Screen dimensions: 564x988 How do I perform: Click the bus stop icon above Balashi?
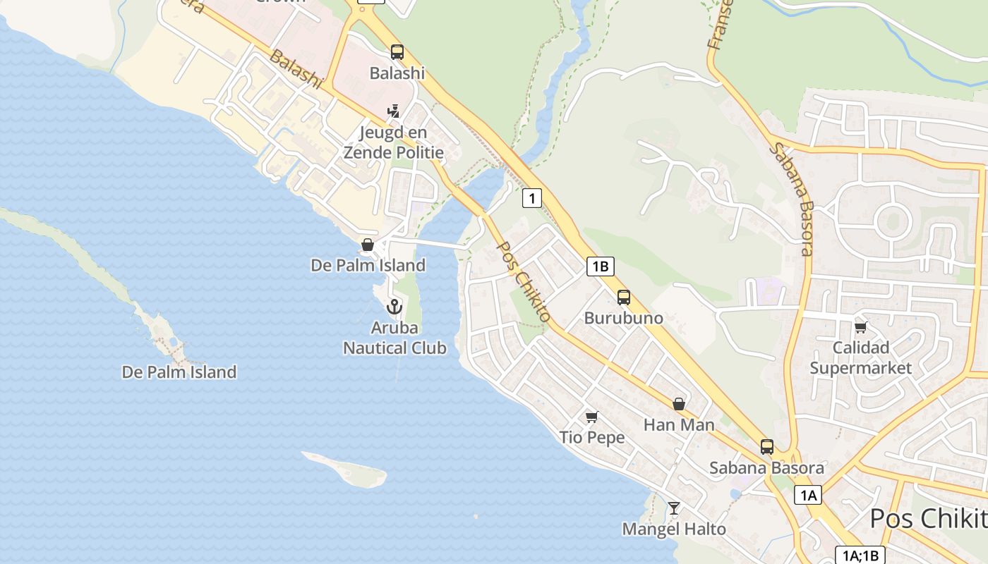397,51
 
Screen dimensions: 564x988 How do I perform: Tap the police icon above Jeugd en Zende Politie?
393,111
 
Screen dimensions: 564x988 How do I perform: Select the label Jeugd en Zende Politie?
393,142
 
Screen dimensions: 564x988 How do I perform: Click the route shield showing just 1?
532,198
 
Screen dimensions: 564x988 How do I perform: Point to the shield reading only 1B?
600,266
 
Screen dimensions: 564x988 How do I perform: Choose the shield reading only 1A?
808,495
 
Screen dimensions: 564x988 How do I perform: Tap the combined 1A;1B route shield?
860,555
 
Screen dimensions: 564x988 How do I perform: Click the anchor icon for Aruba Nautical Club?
394,306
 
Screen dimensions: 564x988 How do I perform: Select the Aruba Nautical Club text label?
394,338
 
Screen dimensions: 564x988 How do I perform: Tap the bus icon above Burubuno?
624,297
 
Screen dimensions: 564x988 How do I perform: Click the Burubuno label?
624,318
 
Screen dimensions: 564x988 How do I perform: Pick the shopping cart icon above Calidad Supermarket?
860,327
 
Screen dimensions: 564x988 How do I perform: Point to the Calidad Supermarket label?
860,357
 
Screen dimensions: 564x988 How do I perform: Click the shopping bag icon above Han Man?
679,404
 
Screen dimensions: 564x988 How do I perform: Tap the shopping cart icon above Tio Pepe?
592,417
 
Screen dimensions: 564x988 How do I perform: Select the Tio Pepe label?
592,437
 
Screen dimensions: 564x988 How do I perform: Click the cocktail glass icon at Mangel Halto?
674,508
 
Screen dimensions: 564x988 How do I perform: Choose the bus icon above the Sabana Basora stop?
767,446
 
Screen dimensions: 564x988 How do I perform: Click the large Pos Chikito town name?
928,519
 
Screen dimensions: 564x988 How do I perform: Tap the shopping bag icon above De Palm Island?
368,245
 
